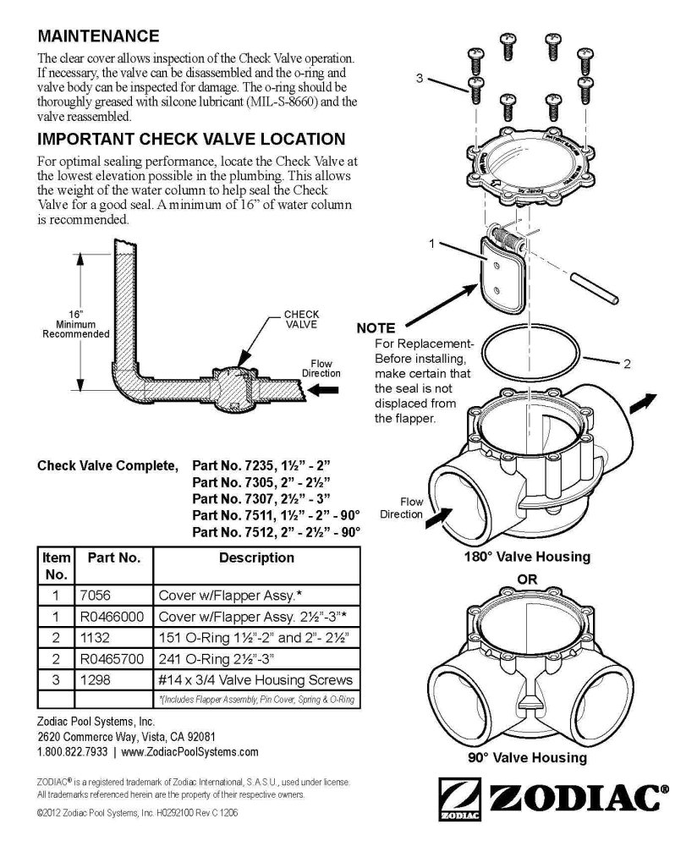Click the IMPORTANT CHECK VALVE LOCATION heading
(x=191, y=139)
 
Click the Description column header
(x=256, y=558)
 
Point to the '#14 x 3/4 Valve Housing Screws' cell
(x=255, y=679)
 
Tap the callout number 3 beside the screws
(x=420, y=79)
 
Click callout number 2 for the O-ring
(x=627, y=365)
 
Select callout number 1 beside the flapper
(x=431, y=244)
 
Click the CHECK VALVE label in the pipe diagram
(x=301, y=319)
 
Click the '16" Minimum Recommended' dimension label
(x=75, y=323)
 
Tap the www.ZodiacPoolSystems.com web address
(x=190, y=751)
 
